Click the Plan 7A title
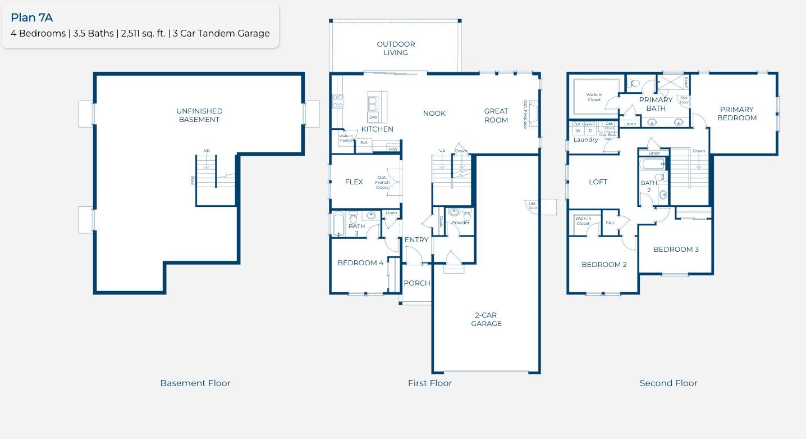pos(32,17)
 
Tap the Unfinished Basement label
pos(199,115)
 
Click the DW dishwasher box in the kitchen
pos(373,117)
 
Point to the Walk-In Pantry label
pos(346,138)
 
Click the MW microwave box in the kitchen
pos(393,149)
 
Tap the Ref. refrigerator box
pos(364,143)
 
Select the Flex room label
pos(354,182)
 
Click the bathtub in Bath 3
pos(337,224)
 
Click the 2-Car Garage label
pos(486,319)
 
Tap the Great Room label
pos(496,115)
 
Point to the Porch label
pos(417,283)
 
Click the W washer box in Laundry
pos(578,131)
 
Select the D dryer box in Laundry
pos(590,131)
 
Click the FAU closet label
pos(610,223)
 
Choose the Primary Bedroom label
pos(737,114)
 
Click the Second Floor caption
pos(668,383)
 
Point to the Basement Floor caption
pos(195,383)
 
